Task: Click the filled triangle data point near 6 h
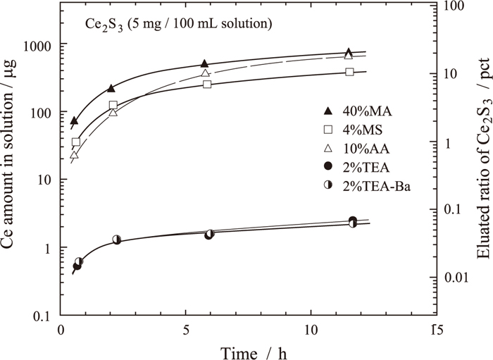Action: tap(204, 64)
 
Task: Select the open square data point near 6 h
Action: tap(207, 85)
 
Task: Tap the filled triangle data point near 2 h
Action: tap(111, 89)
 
